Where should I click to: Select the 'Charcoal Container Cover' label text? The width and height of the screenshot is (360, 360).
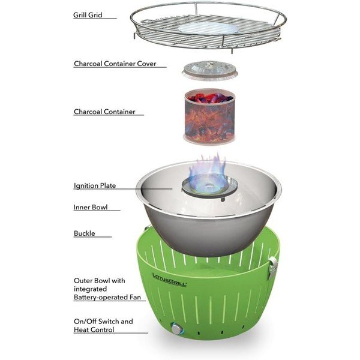click(x=117, y=63)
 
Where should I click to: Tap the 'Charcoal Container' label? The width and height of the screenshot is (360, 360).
click(x=104, y=112)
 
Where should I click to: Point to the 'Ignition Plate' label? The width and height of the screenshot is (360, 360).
click(x=95, y=186)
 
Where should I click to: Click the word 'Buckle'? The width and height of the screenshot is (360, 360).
click(x=85, y=233)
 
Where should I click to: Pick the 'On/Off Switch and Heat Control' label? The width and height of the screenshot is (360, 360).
click(x=103, y=326)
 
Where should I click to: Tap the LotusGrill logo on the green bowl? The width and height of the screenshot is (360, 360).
click(x=169, y=279)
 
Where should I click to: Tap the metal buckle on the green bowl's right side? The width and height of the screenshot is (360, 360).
click(x=274, y=265)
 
